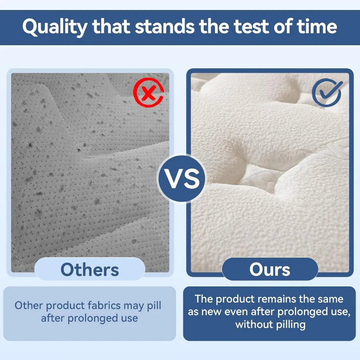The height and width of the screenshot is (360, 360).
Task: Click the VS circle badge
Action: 182,178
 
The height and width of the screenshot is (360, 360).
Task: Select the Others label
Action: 90,270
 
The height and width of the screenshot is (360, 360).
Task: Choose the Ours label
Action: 270,270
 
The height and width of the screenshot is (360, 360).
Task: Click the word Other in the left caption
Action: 29,306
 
